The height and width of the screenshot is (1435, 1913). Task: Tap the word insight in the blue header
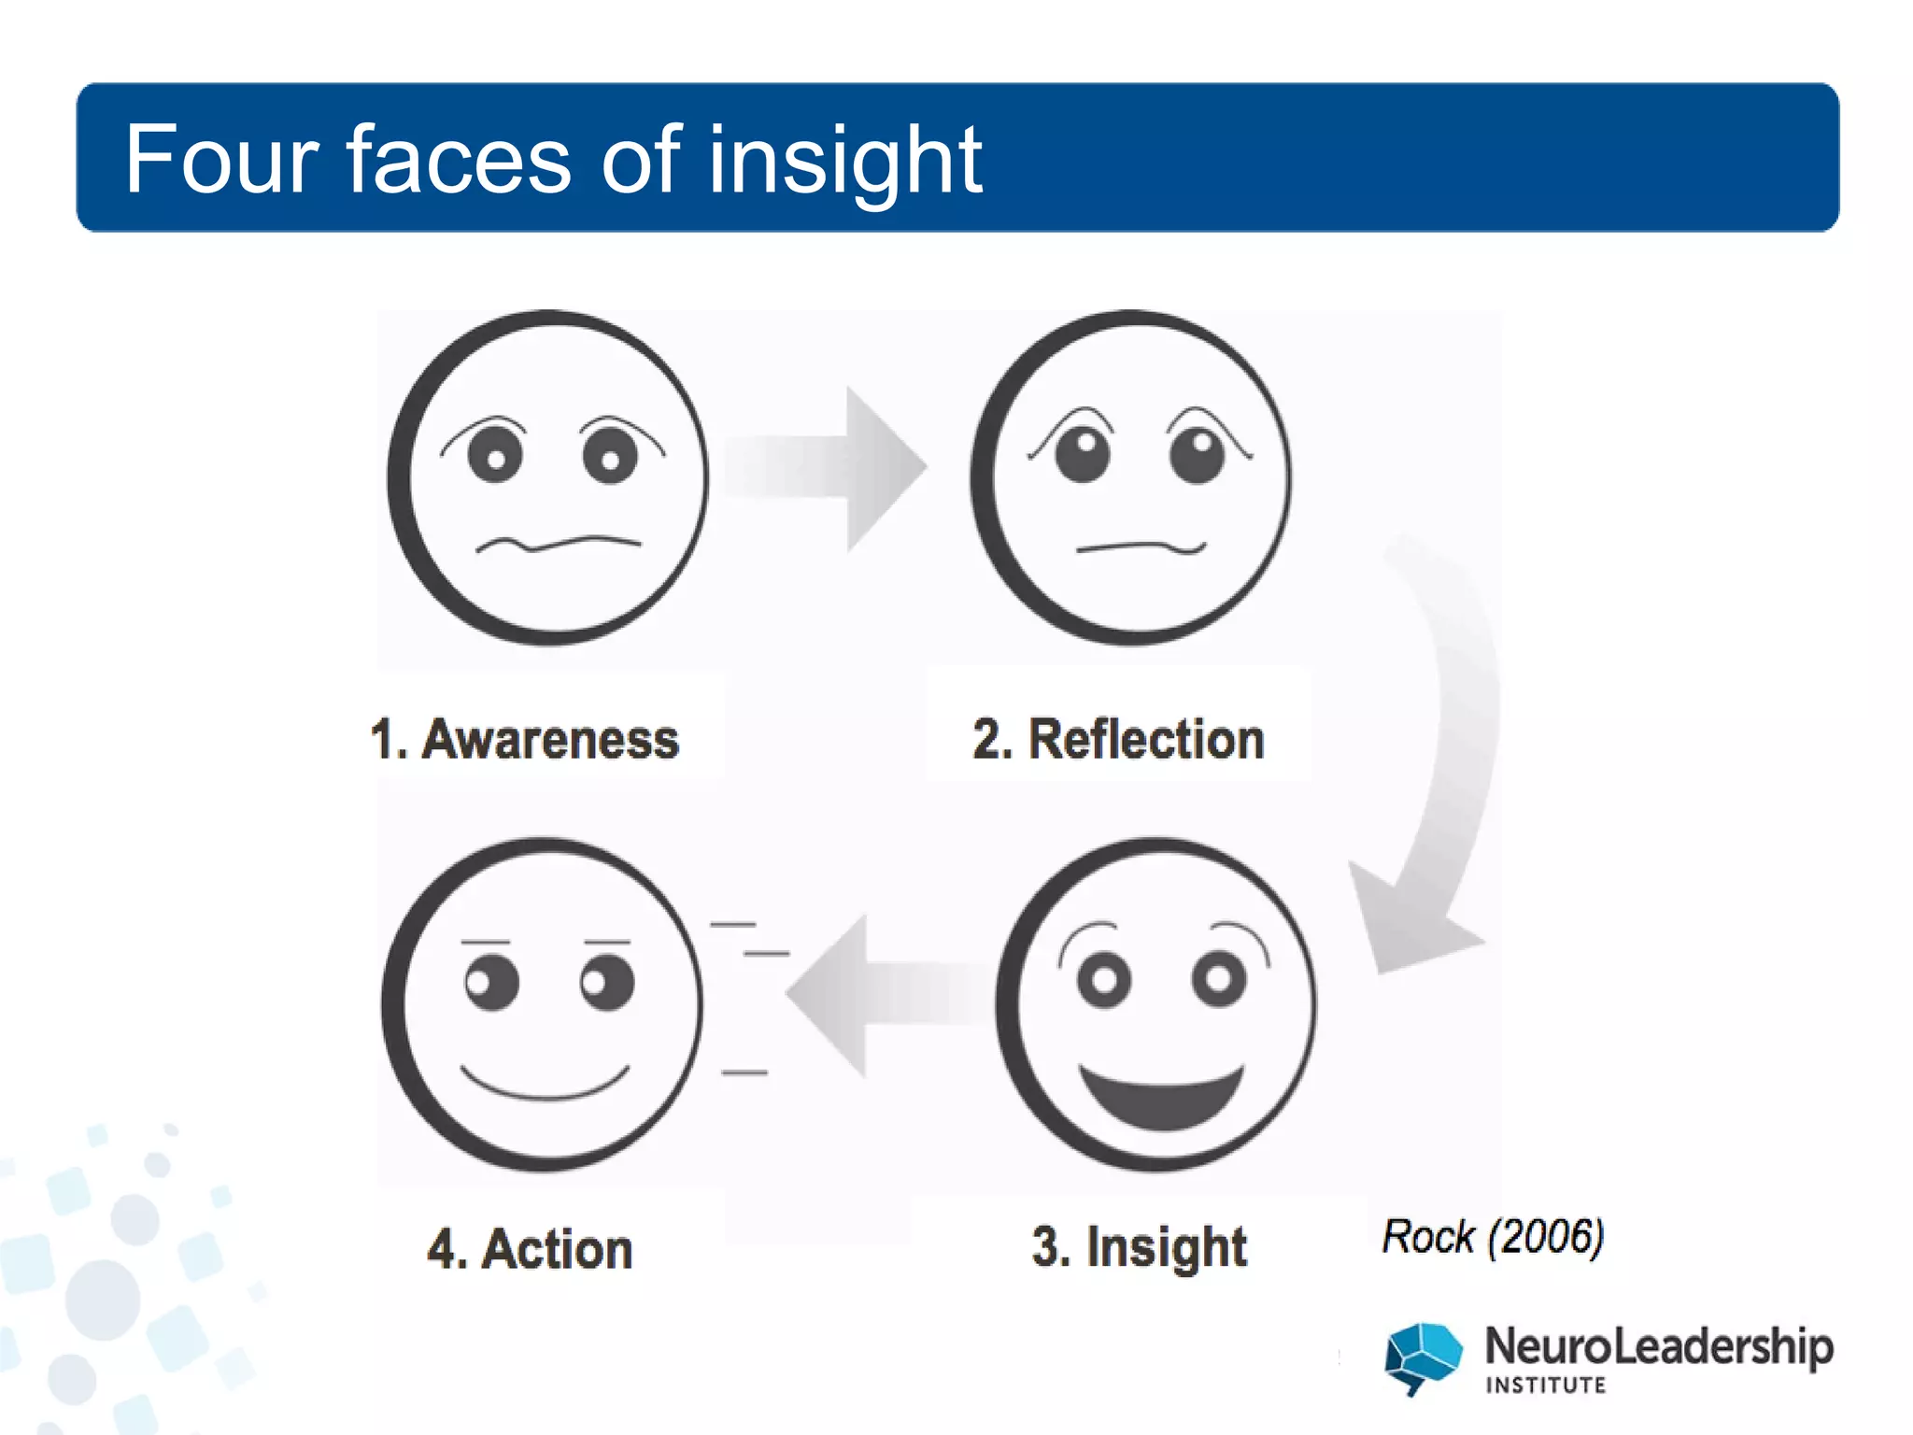click(844, 161)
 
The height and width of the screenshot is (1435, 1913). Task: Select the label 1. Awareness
click(525, 739)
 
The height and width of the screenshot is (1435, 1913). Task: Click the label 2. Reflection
click(1118, 739)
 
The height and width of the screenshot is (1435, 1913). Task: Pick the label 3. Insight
click(1139, 1247)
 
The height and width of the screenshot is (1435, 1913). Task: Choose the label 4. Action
click(530, 1249)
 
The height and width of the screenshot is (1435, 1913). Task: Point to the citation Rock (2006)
click(1493, 1237)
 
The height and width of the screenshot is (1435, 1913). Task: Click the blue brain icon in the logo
click(1423, 1356)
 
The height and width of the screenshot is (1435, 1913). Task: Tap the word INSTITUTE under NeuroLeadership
click(1546, 1385)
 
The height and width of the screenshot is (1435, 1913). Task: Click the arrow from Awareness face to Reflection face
click(830, 467)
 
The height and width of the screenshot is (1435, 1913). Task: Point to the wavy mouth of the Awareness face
click(559, 544)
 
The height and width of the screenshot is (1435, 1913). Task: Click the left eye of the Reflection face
click(1083, 454)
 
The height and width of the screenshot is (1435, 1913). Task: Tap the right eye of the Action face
click(607, 983)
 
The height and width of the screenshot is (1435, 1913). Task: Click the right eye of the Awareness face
click(610, 456)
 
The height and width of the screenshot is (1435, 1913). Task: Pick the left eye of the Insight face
click(1104, 979)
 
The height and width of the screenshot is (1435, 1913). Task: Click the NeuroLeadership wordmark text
click(1658, 1347)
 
